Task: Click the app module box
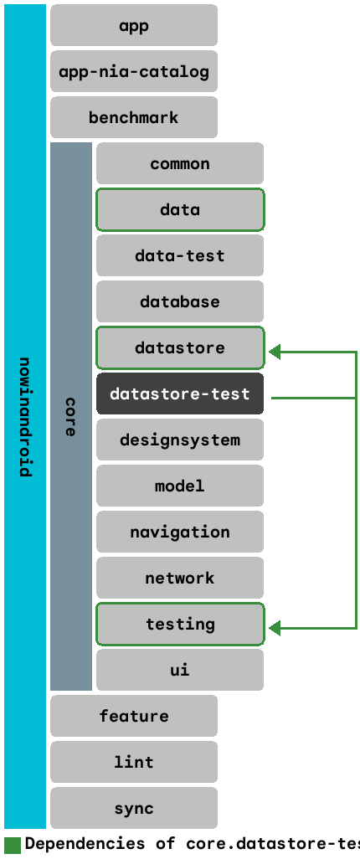point(134,25)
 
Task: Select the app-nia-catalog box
point(134,71)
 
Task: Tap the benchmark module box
point(134,117)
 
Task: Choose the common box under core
point(180,163)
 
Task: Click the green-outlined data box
point(180,209)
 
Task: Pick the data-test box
point(180,255)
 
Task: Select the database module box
point(180,301)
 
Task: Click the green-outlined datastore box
point(180,347)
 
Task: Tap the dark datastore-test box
point(180,393)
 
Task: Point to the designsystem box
point(180,440)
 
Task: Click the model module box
point(180,486)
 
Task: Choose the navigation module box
point(180,532)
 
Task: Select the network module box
point(180,578)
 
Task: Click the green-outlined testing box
point(180,624)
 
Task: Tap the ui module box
point(180,670)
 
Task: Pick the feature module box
point(134,716)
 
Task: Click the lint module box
point(134,762)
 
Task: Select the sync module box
point(134,808)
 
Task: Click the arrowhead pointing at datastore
point(275,352)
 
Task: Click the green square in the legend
point(13,844)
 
